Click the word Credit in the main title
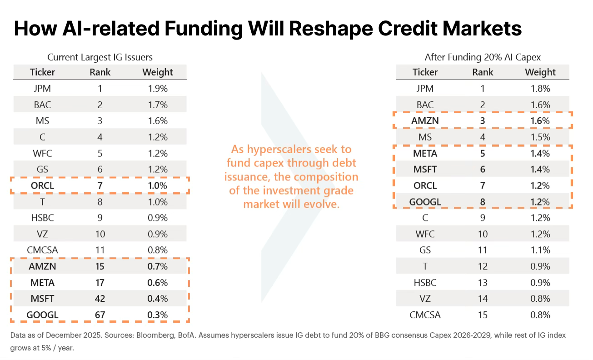pos(408,28)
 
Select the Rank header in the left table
pos(100,72)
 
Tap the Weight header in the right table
pos(540,72)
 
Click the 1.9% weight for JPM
pos(158,89)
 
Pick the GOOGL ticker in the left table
pos(42,315)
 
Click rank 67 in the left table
pos(100,315)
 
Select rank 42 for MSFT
pos(100,299)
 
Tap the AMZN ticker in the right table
pos(425,121)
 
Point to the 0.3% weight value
pos(158,315)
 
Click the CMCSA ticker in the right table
pos(425,315)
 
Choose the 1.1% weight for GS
pos(540,250)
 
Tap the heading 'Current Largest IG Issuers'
pos(100,57)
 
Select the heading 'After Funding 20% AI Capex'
pos(483,57)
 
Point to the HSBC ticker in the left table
pos(42,217)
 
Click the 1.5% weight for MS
pos(540,137)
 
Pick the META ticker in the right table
pos(425,153)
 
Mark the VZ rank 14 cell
pos(483,299)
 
